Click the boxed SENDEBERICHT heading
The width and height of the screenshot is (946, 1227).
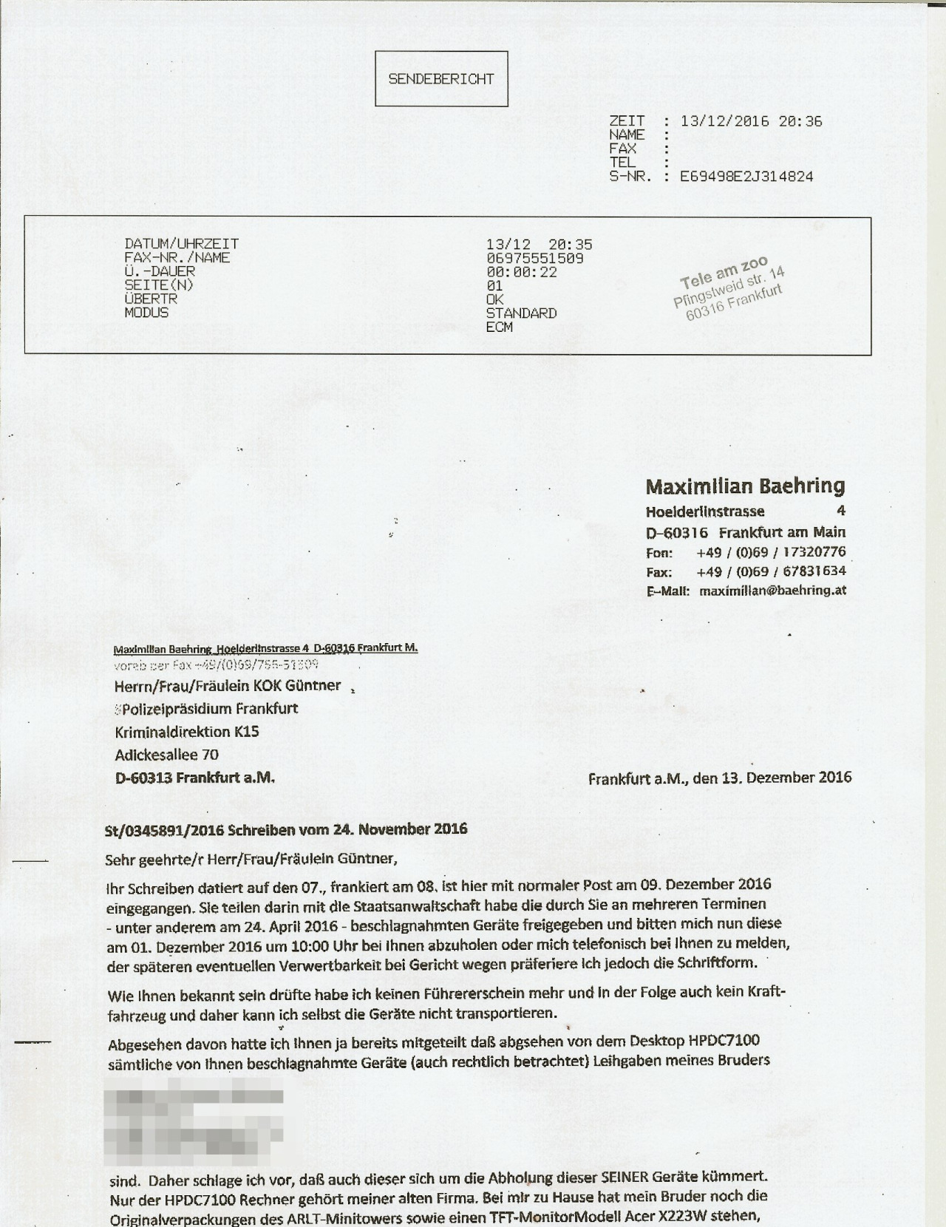pos(441,79)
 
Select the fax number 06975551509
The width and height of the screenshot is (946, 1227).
pos(534,258)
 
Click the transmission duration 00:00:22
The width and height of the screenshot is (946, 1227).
pos(521,272)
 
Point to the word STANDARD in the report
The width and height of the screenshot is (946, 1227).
pos(521,313)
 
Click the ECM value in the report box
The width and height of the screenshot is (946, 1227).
pos(499,327)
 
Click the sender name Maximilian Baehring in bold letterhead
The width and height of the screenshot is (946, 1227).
pos(745,486)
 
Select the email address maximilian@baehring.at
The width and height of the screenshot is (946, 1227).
pos(772,591)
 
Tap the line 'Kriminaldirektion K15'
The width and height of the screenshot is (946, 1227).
pos(186,732)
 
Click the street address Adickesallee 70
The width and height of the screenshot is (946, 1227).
pos(166,755)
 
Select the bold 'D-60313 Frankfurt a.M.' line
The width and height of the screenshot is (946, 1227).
pos(194,778)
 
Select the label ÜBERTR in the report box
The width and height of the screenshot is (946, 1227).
pos(151,299)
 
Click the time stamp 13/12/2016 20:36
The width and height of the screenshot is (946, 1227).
pos(751,121)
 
